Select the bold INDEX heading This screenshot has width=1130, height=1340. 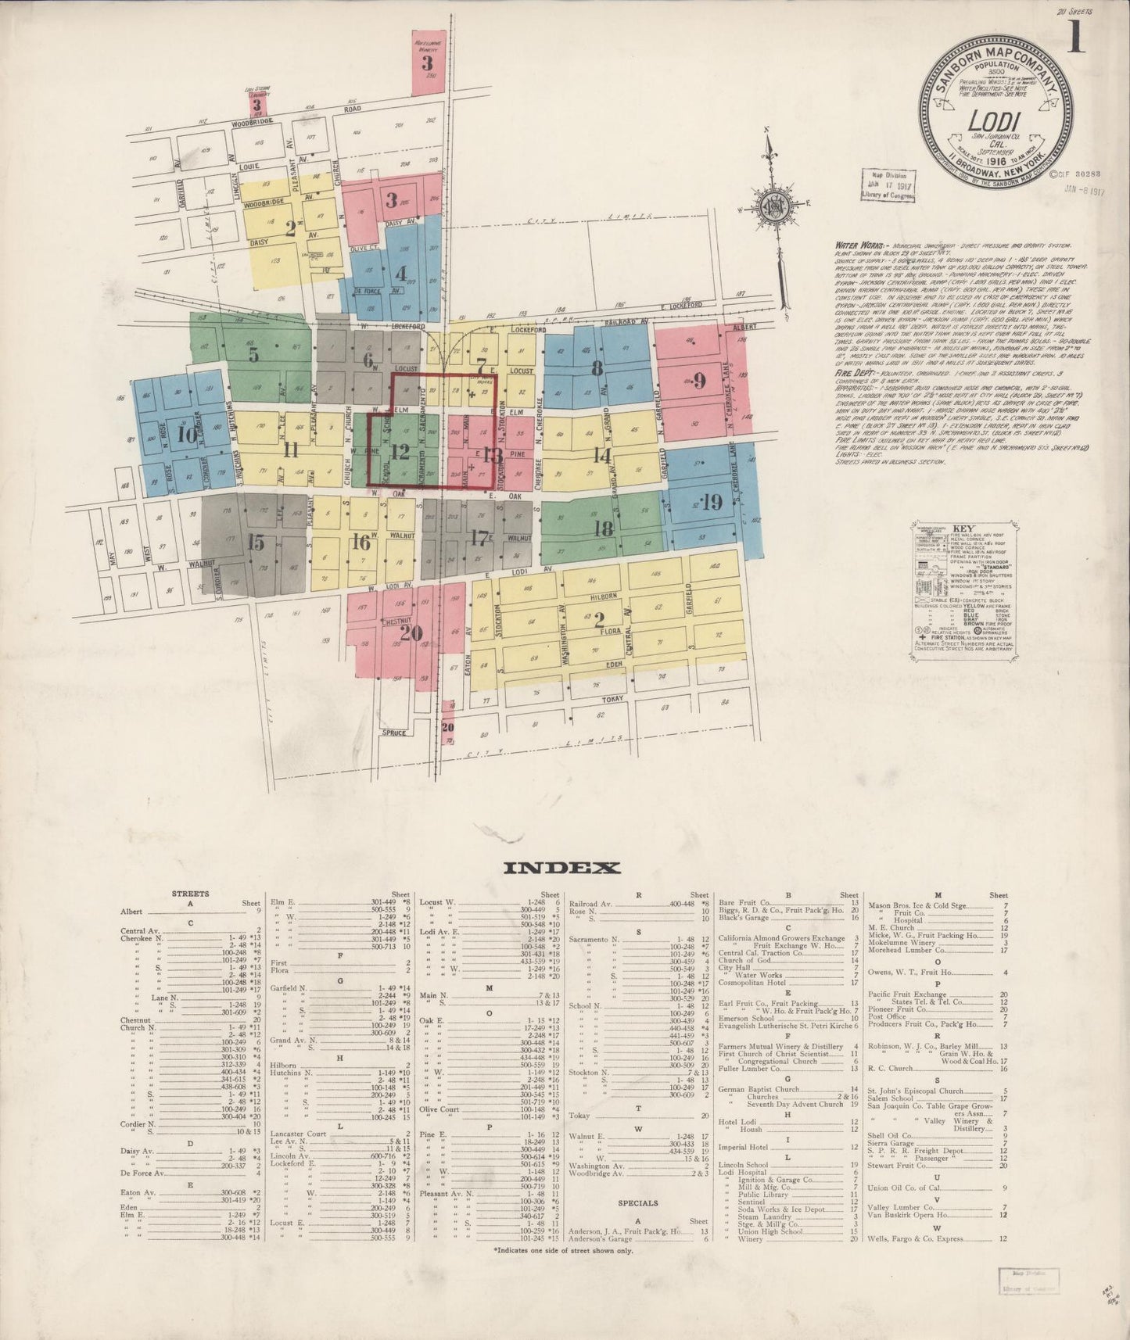(x=562, y=867)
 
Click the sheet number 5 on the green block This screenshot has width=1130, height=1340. (x=253, y=355)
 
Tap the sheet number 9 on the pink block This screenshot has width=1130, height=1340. (x=699, y=382)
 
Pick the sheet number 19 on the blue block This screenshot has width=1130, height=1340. (x=712, y=501)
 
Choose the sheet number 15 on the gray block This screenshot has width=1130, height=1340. (x=256, y=543)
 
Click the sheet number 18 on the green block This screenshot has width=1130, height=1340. (x=603, y=528)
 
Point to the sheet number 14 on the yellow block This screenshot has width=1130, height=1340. (x=601, y=455)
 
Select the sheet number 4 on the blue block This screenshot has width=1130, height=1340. (x=401, y=274)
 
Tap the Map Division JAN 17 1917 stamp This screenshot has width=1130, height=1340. (x=887, y=185)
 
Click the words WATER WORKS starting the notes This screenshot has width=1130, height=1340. (x=857, y=245)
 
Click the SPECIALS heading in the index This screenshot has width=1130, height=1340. (x=638, y=1202)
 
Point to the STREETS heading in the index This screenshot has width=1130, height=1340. (x=191, y=894)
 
